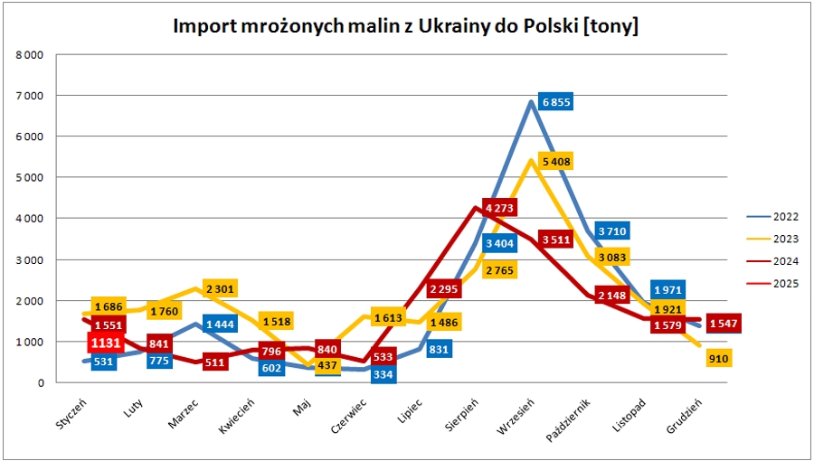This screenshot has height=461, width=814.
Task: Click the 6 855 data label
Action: pyautogui.click(x=556, y=102)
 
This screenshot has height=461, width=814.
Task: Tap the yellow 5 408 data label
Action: pyautogui.click(x=555, y=161)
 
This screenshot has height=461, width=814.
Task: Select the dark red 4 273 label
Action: pyautogui.click(x=500, y=209)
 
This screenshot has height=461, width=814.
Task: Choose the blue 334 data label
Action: pyautogui.click(x=383, y=374)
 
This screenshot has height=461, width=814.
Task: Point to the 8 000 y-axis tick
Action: pyautogui.click(x=29, y=54)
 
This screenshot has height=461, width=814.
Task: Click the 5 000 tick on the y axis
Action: pyautogui.click(x=29, y=177)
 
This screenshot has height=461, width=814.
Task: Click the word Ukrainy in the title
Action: pyautogui.click(x=448, y=27)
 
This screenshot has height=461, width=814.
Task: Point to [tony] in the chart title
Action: pyautogui.click(x=612, y=27)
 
